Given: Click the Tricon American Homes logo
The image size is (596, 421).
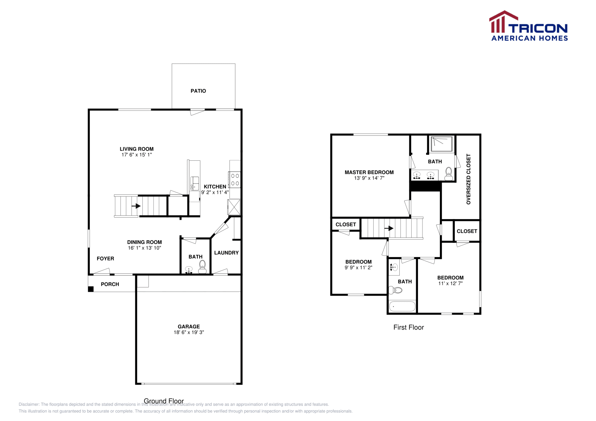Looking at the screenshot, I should pyautogui.click(x=529, y=26).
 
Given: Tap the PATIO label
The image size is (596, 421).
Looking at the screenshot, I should pyautogui.click(x=198, y=91).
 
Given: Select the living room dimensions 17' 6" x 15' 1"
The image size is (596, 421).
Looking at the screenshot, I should pyautogui.click(x=137, y=155).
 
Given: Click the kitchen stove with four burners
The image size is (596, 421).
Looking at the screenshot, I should pyautogui.click(x=235, y=179).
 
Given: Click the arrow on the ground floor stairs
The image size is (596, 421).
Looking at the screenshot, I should pyautogui.click(x=136, y=206).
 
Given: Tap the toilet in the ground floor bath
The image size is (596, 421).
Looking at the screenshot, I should pyautogui.click(x=202, y=267).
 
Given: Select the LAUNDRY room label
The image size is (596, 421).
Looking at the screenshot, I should pyautogui.click(x=226, y=253).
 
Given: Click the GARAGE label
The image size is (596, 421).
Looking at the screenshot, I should pyautogui.click(x=188, y=327).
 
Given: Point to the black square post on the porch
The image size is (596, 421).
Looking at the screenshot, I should pyautogui.click(x=91, y=289).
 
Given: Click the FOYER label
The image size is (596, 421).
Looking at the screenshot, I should pyautogui.click(x=105, y=258).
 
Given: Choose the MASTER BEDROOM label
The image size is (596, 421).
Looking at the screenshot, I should pyautogui.click(x=369, y=172).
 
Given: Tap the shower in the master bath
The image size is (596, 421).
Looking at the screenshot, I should pyautogui.click(x=441, y=144).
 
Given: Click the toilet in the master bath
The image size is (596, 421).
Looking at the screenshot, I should pyautogui.click(x=449, y=174).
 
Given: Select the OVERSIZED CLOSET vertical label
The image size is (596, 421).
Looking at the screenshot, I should pyautogui.click(x=469, y=179).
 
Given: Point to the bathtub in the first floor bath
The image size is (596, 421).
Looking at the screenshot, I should pyautogui.click(x=402, y=307).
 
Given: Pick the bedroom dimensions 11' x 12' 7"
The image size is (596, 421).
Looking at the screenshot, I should pyautogui.click(x=450, y=283).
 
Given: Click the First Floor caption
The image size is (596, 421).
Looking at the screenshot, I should pyautogui.click(x=409, y=327).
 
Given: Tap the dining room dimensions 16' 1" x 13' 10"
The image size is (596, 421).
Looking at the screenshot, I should pyautogui.click(x=145, y=248).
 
